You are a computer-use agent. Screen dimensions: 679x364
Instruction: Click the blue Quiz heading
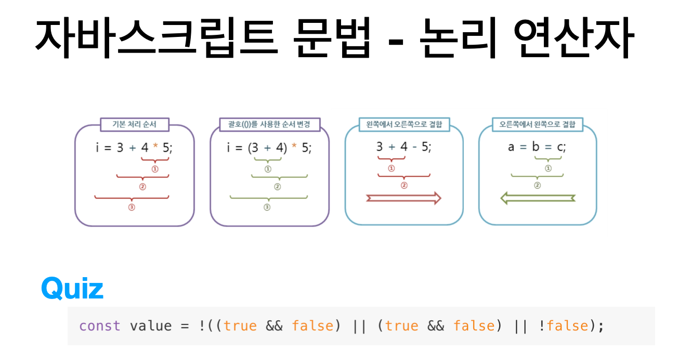click(x=72, y=288)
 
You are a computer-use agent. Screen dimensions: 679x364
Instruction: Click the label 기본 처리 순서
click(x=134, y=125)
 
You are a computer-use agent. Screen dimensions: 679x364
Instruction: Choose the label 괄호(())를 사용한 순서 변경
click(x=269, y=125)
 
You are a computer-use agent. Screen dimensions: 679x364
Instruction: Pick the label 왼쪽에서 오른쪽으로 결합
click(x=404, y=125)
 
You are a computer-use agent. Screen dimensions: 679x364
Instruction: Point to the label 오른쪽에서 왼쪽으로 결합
click(x=538, y=125)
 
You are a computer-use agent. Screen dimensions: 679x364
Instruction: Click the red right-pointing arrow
click(x=404, y=198)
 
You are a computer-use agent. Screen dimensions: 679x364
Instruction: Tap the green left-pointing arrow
click(x=538, y=198)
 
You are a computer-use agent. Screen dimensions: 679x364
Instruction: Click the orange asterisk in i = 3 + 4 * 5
click(x=154, y=148)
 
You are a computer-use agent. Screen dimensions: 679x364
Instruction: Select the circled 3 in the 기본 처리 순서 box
click(x=132, y=207)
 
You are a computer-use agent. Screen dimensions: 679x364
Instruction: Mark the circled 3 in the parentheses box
click(x=267, y=207)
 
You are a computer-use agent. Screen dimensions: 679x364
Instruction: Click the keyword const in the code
click(x=99, y=326)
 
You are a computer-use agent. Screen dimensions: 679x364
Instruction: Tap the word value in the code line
click(x=150, y=326)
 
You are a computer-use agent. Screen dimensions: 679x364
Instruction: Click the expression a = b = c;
click(x=537, y=147)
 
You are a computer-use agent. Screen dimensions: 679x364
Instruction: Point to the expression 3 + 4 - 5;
click(x=404, y=147)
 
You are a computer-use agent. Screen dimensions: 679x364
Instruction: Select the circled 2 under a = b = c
click(x=538, y=185)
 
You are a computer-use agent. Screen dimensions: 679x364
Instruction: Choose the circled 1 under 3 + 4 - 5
click(x=391, y=168)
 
